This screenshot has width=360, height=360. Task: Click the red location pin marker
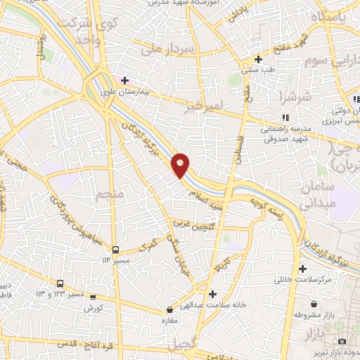[181, 165]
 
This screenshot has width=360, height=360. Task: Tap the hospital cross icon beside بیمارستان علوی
[125, 80]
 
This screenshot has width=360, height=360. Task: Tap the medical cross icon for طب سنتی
[259, 59]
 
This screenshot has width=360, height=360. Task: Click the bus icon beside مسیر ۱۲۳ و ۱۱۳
[60, 283]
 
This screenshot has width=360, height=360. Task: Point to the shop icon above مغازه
[169, 309]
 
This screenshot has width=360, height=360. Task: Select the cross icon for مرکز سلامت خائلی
[302, 269]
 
